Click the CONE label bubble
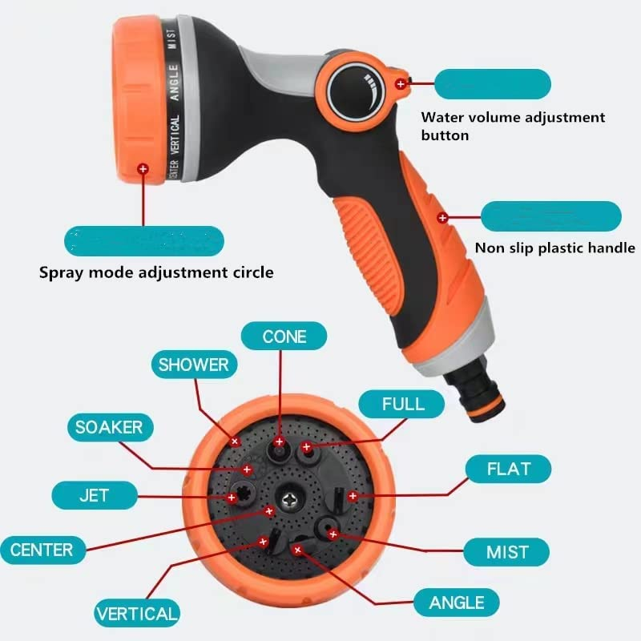[x=284, y=336]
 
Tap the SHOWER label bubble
[x=193, y=365]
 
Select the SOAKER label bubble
[x=109, y=427]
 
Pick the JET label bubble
[x=93, y=494]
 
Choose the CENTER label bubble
[x=42, y=550]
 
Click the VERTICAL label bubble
[x=137, y=615]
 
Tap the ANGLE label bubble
[x=457, y=602]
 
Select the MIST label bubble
[x=507, y=551]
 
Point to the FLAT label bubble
[x=509, y=468]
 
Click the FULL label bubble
[x=402, y=403]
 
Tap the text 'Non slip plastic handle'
[x=554, y=248]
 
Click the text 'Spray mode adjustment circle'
[x=156, y=272]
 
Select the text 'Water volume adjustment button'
[x=513, y=126]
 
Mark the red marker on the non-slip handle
[x=441, y=217]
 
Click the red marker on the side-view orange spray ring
[x=143, y=169]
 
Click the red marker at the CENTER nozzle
[x=269, y=510]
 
